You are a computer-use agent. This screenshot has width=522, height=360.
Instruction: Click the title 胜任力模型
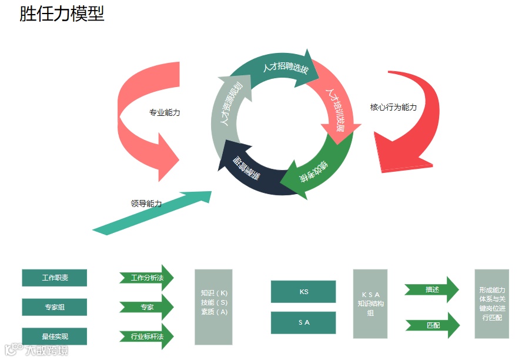pos(62,14)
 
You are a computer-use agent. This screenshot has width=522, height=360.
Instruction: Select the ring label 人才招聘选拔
pos(285,68)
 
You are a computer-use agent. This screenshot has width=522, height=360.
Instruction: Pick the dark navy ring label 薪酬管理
pos(247,169)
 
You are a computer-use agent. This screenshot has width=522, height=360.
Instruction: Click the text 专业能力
pos(165,112)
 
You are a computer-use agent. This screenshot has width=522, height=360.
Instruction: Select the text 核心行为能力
pos(393,107)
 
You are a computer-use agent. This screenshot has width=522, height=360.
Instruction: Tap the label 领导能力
pos(146,204)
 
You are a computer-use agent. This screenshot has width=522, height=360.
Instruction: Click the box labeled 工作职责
pos(55,278)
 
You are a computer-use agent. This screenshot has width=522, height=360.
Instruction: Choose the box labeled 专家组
pos(55,307)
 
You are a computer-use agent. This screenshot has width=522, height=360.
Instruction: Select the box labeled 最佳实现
pos(55,336)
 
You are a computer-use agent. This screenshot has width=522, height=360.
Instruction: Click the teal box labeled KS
pos(303,292)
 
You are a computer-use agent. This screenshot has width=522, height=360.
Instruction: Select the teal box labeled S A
pos(303,322)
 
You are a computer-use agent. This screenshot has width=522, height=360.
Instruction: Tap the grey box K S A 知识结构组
pos(370,304)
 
